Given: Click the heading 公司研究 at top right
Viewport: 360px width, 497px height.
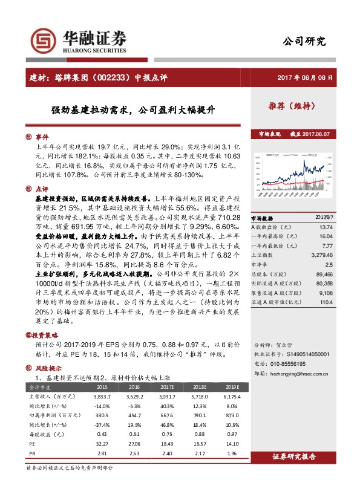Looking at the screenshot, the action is (304, 42).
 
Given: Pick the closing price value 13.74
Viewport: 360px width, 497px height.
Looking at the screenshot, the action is (342, 225).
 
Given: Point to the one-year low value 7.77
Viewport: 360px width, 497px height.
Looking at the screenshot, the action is (344, 245).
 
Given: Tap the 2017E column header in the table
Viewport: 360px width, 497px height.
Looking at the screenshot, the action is (167, 386).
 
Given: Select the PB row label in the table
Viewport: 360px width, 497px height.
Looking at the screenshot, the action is (33, 453).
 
